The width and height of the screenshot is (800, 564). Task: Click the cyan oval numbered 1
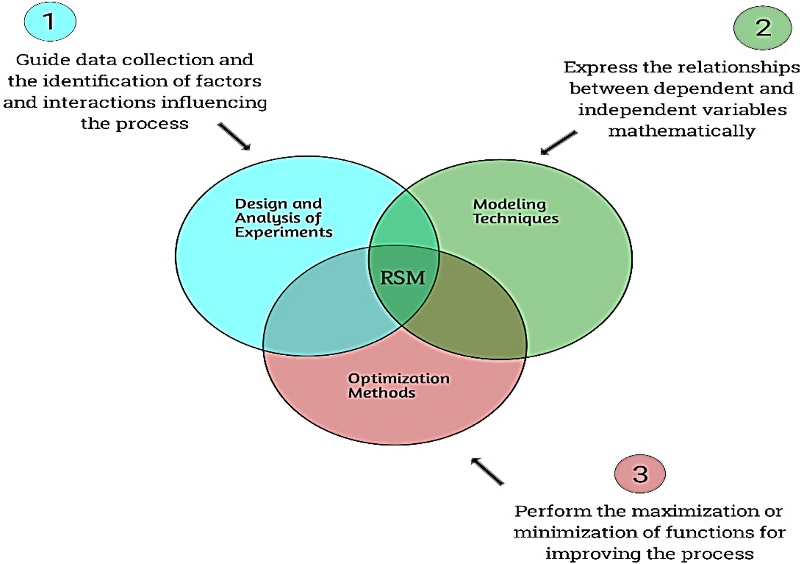click(50, 22)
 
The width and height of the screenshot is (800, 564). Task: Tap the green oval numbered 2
click(762, 27)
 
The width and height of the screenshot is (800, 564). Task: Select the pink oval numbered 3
click(640, 474)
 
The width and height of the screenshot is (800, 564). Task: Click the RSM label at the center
click(403, 278)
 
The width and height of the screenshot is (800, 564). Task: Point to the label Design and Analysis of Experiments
click(283, 218)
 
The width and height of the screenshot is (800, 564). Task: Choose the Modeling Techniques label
click(515, 211)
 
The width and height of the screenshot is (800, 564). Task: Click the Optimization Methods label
click(398, 385)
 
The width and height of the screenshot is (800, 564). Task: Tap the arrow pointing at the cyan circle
click(234, 136)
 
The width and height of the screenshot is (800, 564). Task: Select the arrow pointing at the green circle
click(558, 143)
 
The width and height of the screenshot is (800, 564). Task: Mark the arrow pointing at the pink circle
click(487, 471)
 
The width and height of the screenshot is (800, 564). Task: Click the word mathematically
click(681, 131)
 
